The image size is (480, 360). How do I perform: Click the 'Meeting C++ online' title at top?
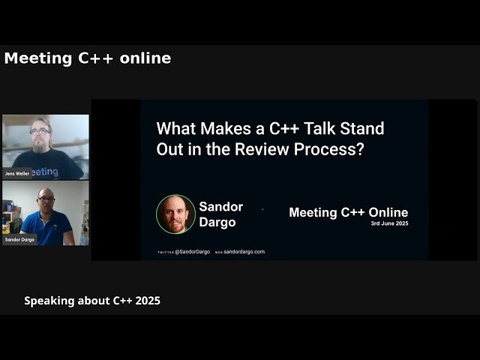pyautogui.click(x=87, y=58)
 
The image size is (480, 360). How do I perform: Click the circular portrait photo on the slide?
pyautogui.click(x=175, y=214)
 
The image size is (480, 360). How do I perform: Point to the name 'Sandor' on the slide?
pyautogui.click(x=221, y=206)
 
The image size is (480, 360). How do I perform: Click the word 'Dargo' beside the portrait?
pyautogui.click(x=217, y=222)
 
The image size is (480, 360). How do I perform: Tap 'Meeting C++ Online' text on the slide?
pyautogui.click(x=348, y=212)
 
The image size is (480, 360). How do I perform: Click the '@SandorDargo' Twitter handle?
pyautogui.click(x=192, y=252)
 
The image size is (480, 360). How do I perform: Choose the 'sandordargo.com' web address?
pyautogui.click(x=244, y=252)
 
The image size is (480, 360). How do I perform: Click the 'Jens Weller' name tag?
pyautogui.click(x=18, y=173)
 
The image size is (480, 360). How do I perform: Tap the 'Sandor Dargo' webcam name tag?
pyautogui.click(x=20, y=239)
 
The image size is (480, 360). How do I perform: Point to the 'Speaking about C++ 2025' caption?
pyautogui.click(x=92, y=301)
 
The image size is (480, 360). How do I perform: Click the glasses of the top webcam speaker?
pyautogui.click(x=41, y=132)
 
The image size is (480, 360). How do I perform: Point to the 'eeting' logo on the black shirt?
pyautogui.click(x=45, y=172)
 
